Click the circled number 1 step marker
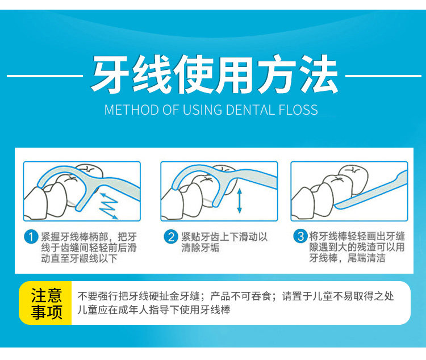coord(31,237)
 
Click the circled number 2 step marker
coord(170,237)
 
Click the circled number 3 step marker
coord(300,236)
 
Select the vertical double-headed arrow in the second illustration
coord(239,201)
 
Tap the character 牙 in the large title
coord(110,74)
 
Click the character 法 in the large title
coord(319,74)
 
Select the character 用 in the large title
coord(235,74)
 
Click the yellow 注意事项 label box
coord(45,303)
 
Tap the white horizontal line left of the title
coord(45,76)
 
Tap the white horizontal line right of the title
coord(383,76)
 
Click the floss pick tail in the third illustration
coord(371,190)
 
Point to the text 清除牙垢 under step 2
coord(201,248)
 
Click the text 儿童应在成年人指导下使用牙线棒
coord(154,309)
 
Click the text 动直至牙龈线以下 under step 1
coord(80,258)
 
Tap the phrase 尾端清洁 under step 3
coord(366,258)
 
